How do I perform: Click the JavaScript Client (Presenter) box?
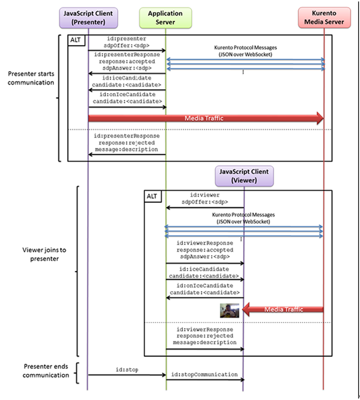(x=87, y=18)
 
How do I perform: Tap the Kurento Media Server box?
(x=324, y=18)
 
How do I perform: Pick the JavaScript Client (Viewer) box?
(x=243, y=176)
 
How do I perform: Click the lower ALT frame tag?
(x=152, y=196)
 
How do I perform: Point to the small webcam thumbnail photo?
(x=230, y=310)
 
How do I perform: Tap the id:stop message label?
(x=127, y=369)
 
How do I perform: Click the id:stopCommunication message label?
(x=204, y=374)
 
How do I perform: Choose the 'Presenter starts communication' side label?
(x=31, y=78)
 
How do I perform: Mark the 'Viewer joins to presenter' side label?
(x=44, y=254)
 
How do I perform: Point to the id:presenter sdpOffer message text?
(x=127, y=42)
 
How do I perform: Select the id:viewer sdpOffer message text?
(x=204, y=199)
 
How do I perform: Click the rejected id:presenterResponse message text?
(x=127, y=143)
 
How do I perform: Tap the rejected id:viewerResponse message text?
(x=204, y=336)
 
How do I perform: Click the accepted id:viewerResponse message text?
(x=204, y=250)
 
